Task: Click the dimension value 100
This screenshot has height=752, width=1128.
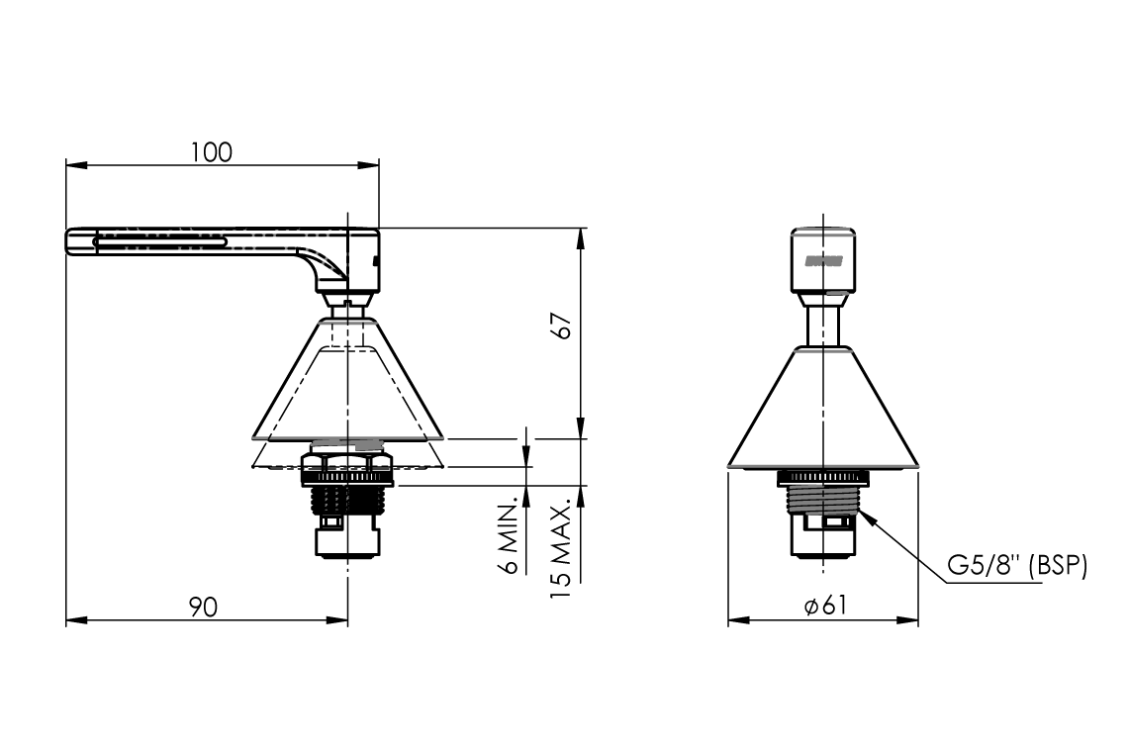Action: (x=212, y=152)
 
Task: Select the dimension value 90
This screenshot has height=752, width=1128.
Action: (x=203, y=606)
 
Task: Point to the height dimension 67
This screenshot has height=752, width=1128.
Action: (x=562, y=328)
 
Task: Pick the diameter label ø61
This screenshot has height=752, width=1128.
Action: (x=824, y=607)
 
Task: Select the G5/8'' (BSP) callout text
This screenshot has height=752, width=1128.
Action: (x=1016, y=566)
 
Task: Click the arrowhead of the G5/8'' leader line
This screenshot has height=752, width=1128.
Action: (x=860, y=510)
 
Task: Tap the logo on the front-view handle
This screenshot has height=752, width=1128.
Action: (x=822, y=260)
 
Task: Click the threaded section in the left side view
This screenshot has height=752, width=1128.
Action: (x=348, y=500)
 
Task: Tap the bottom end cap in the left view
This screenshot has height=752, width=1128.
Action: (x=348, y=540)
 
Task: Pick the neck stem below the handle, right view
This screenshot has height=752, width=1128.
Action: (x=823, y=325)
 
